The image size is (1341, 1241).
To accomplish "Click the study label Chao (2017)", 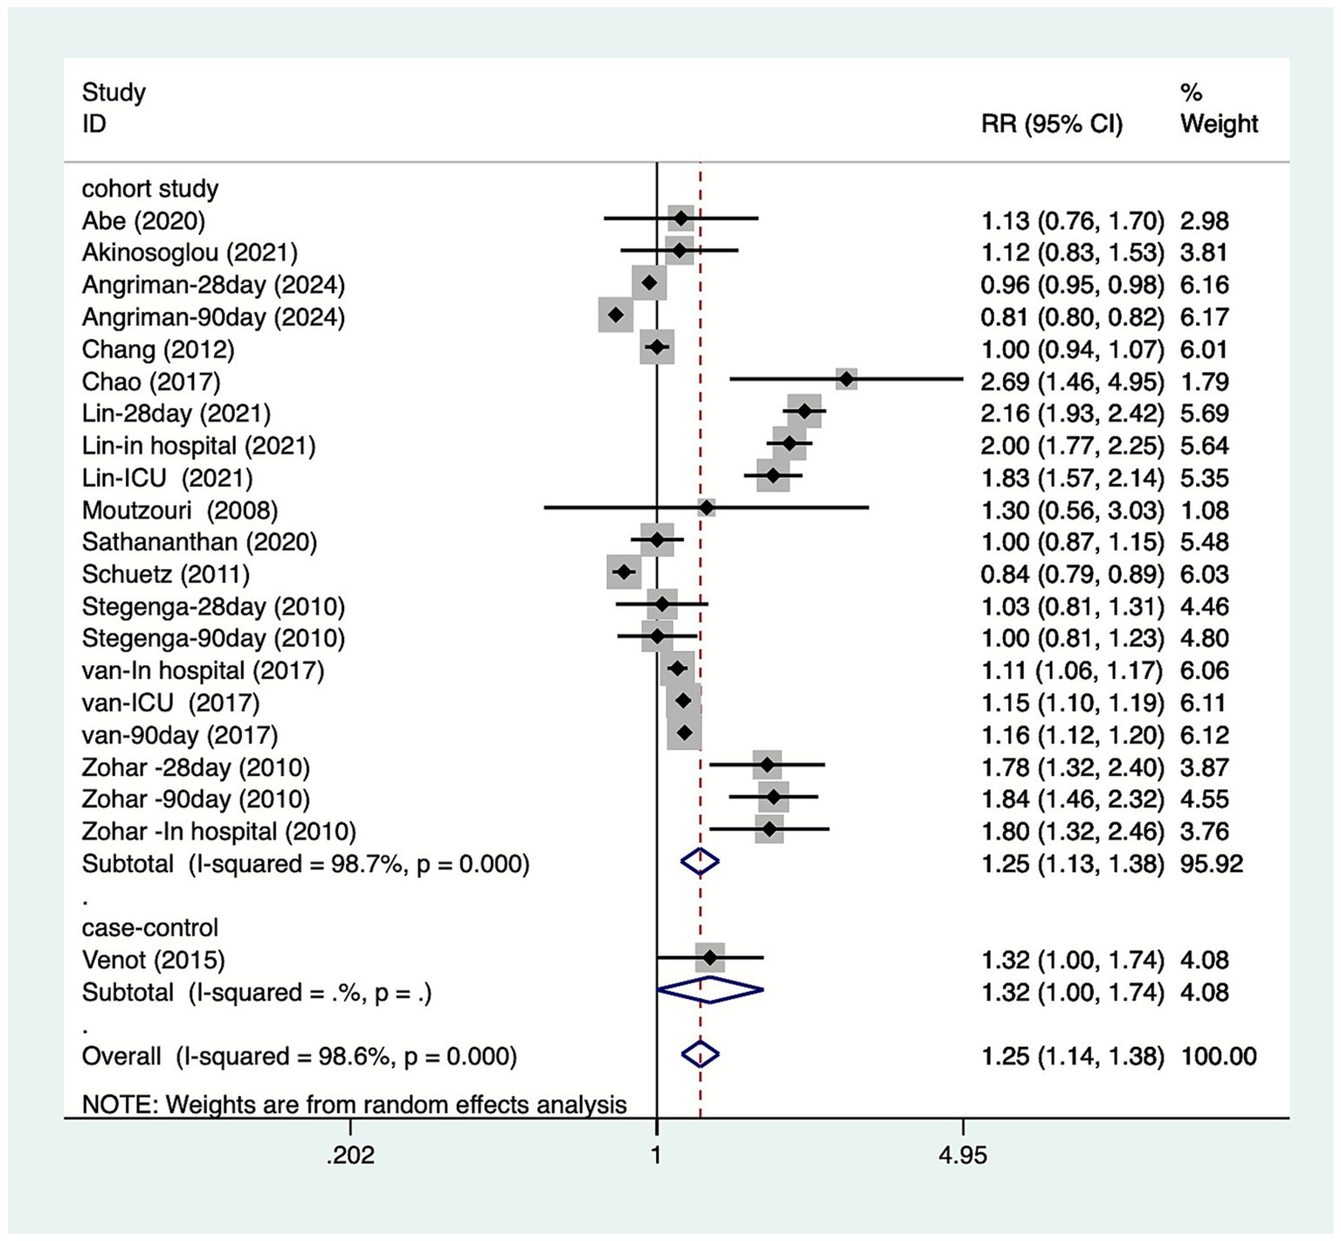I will [x=151, y=382].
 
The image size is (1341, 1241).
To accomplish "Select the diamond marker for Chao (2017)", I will [x=846, y=379].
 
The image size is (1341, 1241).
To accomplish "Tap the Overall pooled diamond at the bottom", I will [x=700, y=1055].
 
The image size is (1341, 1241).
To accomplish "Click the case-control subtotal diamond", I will [x=709, y=990].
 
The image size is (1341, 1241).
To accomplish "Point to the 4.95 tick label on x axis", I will [x=963, y=1155].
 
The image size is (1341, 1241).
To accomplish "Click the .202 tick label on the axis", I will [x=350, y=1155].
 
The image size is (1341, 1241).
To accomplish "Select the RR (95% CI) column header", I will [x=1052, y=124].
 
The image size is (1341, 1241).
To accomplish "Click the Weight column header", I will [x=1219, y=124].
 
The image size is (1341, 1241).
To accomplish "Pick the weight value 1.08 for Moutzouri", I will [x=1205, y=510].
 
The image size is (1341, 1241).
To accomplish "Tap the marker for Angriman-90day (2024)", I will [x=616, y=315].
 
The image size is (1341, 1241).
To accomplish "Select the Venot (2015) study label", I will [x=154, y=960].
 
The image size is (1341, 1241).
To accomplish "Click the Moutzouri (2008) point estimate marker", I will [x=707, y=507].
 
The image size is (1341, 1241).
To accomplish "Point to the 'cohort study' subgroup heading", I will [x=150, y=189].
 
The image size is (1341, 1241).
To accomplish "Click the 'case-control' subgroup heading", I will [x=150, y=928].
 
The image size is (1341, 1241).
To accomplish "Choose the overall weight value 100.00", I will [x=1219, y=1057].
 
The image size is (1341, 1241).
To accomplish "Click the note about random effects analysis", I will [x=354, y=1105].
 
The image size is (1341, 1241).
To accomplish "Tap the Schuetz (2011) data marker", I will [x=624, y=572].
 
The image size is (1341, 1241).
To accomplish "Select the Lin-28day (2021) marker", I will [x=805, y=411].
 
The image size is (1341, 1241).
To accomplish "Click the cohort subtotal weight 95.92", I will [x=1212, y=864].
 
